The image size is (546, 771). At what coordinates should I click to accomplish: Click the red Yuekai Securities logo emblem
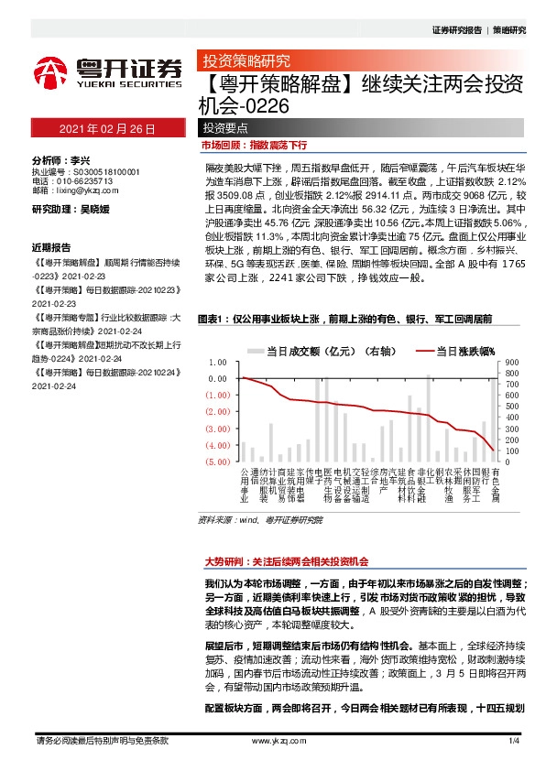(x=51, y=72)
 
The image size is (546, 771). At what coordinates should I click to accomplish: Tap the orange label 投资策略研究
(x=246, y=62)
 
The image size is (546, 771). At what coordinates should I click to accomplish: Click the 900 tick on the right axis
(x=513, y=362)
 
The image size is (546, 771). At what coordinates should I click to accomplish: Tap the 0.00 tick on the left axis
(x=218, y=377)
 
